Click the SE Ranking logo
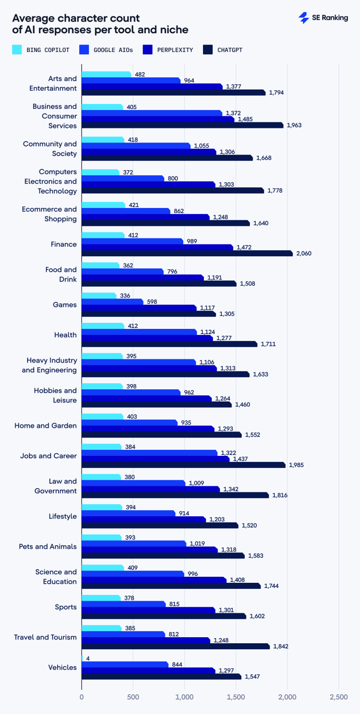point(323,18)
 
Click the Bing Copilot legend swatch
point(17,50)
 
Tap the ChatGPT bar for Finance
point(187,253)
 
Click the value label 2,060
point(303,253)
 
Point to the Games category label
point(65,305)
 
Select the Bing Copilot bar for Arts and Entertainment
point(106,74)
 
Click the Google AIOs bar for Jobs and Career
point(150,453)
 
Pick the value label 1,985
point(297,465)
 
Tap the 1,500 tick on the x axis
point(236,697)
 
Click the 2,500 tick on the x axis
point(339,697)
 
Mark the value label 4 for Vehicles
point(87,658)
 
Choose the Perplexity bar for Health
point(147,338)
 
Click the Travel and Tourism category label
point(45,637)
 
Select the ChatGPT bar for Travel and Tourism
point(176,647)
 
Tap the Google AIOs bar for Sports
point(124,604)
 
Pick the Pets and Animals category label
point(48,546)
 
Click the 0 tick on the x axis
point(82,697)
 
